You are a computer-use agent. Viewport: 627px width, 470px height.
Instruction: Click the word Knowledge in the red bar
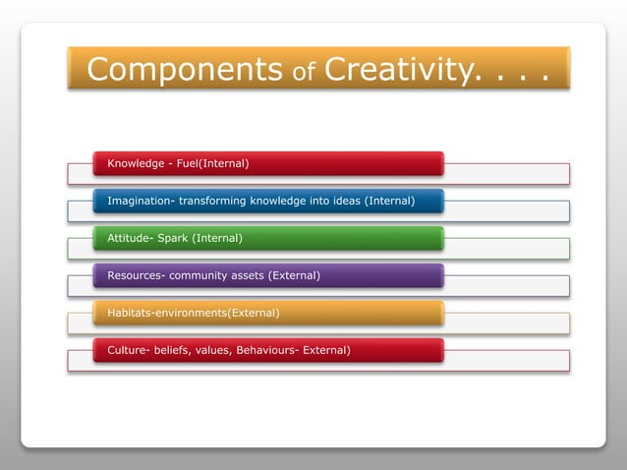(136, 162)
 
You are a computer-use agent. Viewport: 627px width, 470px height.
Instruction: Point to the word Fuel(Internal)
(213, 162)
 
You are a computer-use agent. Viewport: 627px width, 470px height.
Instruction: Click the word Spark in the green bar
(173, 238)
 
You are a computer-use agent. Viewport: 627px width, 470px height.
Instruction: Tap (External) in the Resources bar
(298, 275)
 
